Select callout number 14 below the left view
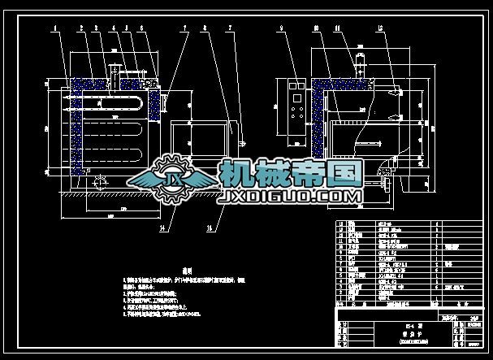click(163, 228)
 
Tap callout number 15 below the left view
click(210, 228)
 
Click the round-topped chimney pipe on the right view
click(355, 65)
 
